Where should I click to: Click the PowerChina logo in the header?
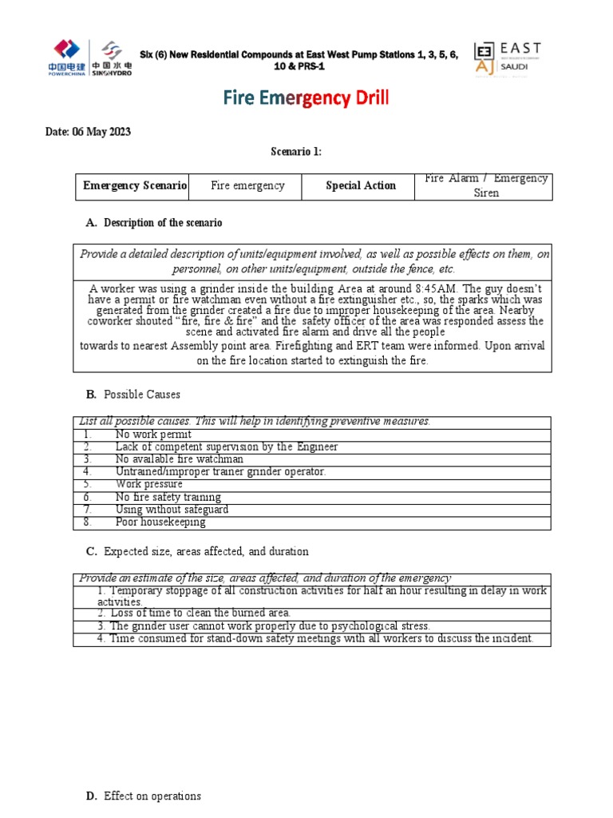[x=69, y=57]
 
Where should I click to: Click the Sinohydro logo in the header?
[x=113, y=58]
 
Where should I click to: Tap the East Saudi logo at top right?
[x=508, y=58]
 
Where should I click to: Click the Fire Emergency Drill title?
[x=306, y=99]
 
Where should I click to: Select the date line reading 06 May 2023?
[x=88, y=132]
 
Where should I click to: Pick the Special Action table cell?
[x=360, y=186]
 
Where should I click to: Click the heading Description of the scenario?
[x=163, y=223]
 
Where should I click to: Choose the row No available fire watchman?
[x=179, y=459]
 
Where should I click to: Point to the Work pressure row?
[x=148, y=484]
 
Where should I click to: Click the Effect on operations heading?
[x=152, y=796]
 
